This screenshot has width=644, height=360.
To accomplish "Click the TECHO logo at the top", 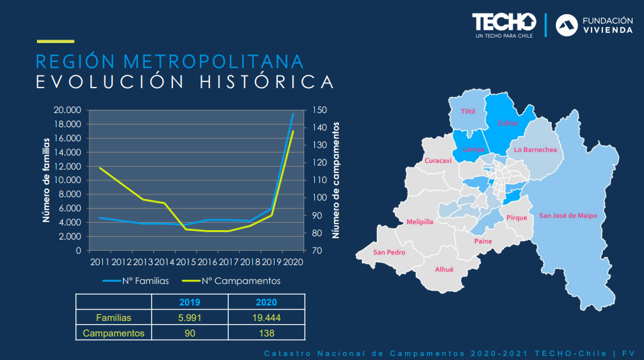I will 504,23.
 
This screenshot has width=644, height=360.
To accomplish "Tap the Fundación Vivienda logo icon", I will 566,25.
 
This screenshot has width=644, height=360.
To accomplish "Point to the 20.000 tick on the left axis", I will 67,110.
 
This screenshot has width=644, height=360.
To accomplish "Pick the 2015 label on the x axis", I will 185,262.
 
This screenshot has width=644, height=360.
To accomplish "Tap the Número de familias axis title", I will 46,180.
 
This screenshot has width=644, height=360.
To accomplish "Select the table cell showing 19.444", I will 266,318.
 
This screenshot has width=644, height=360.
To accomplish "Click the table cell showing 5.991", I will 190,318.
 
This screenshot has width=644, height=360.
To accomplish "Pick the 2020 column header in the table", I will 266,302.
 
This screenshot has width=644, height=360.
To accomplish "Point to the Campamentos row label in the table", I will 114,332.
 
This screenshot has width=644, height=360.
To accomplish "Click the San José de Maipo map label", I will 568,215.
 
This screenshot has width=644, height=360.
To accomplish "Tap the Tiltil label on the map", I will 468,112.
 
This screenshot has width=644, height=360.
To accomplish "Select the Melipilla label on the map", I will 420,221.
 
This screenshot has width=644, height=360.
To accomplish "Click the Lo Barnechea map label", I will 535,150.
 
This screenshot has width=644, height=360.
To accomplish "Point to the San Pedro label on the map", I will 389,252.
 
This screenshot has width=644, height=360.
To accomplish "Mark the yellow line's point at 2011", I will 100,168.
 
